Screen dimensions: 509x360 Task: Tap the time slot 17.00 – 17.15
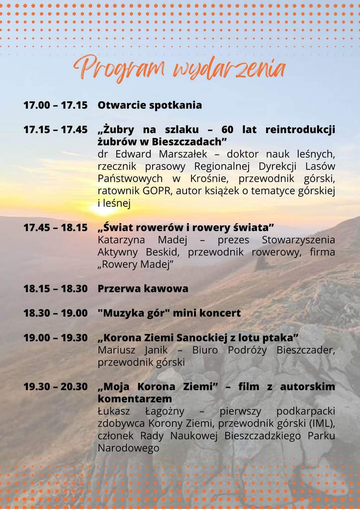(x=55, y=105)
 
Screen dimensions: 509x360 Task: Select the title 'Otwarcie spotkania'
(x=150, y=105)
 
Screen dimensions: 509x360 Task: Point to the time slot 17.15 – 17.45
(x=55, y=130)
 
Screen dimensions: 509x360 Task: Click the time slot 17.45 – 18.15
(x=55, y=228)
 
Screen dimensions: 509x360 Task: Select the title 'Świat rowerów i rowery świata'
(x=186, y=228)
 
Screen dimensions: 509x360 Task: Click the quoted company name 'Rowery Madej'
(x=136, y=264)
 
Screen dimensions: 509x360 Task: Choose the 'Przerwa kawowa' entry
(x=143, y=289)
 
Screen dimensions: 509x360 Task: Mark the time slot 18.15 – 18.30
(x=55, y=289)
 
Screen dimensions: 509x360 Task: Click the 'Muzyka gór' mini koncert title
(x=169, y=313)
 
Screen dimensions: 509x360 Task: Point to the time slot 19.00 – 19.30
(x=55, y=338)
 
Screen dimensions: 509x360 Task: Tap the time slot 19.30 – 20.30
(x=55, y=387)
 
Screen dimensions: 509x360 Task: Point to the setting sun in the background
(x=104, y=208)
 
